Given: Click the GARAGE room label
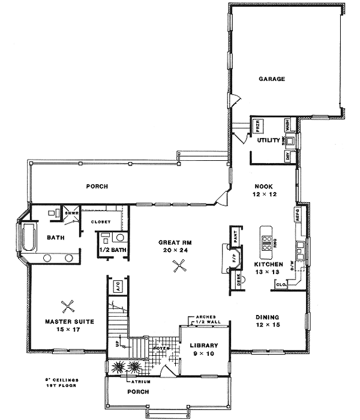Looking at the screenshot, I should tap(272, 79).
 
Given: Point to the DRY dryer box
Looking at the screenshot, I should tap(287, 157).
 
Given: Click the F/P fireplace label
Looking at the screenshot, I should tap(235, 259).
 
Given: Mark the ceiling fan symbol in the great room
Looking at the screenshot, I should tap(178, 267).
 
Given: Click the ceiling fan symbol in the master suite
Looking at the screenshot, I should tap(68, 305).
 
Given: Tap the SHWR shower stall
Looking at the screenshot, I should tap(70, 213).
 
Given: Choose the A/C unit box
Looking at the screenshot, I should tap(118, 285).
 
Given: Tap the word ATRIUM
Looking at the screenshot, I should tap(142, 381).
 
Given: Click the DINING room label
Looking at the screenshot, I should tap(268, 317).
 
